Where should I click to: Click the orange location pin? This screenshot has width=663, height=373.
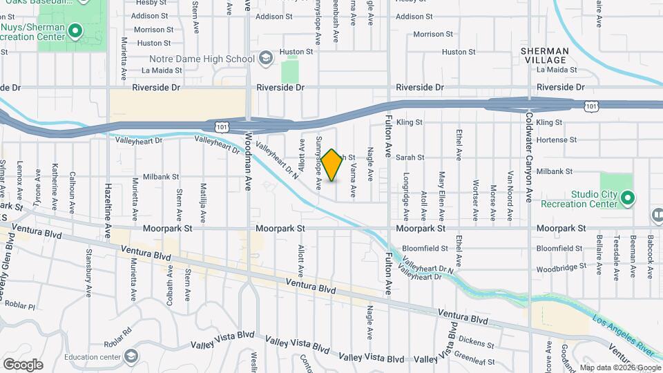pyautogui.click(x=331, y=165)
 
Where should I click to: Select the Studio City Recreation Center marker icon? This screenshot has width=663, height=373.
pyautogui.click(x=627, y=200)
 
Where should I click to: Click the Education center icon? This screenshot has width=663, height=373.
pyautogui.click(x=131, y=356)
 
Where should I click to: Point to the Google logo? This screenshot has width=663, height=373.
pyautogui.click(x=23, y=364)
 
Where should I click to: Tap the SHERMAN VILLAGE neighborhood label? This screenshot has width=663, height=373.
pyautogui.click(x=546, y=55)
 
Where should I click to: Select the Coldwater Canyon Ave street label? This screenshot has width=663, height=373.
pyautogui.click(x=529, y=157)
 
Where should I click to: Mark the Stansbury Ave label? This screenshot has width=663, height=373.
pyautogui.click(x=89, y=273)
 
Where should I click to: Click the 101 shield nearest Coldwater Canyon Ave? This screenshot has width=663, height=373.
pyautogui.click(x=590, y=106)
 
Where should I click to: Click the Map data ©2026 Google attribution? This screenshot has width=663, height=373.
pyautogui.click(x=619, y=367)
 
